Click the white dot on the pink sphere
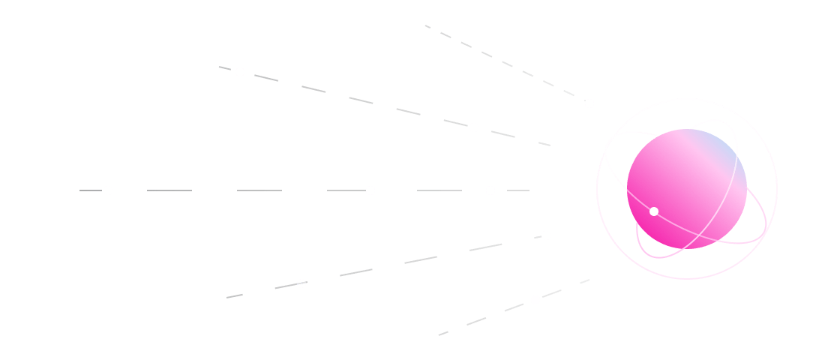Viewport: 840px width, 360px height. tap(654, 211)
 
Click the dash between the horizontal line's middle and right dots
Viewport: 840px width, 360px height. tap(439, 190)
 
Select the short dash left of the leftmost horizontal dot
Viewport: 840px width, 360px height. tap(90, 190)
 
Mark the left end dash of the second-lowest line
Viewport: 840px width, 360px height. tap(235, 297)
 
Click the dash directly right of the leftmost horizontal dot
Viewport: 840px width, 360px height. tap(169, 190)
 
